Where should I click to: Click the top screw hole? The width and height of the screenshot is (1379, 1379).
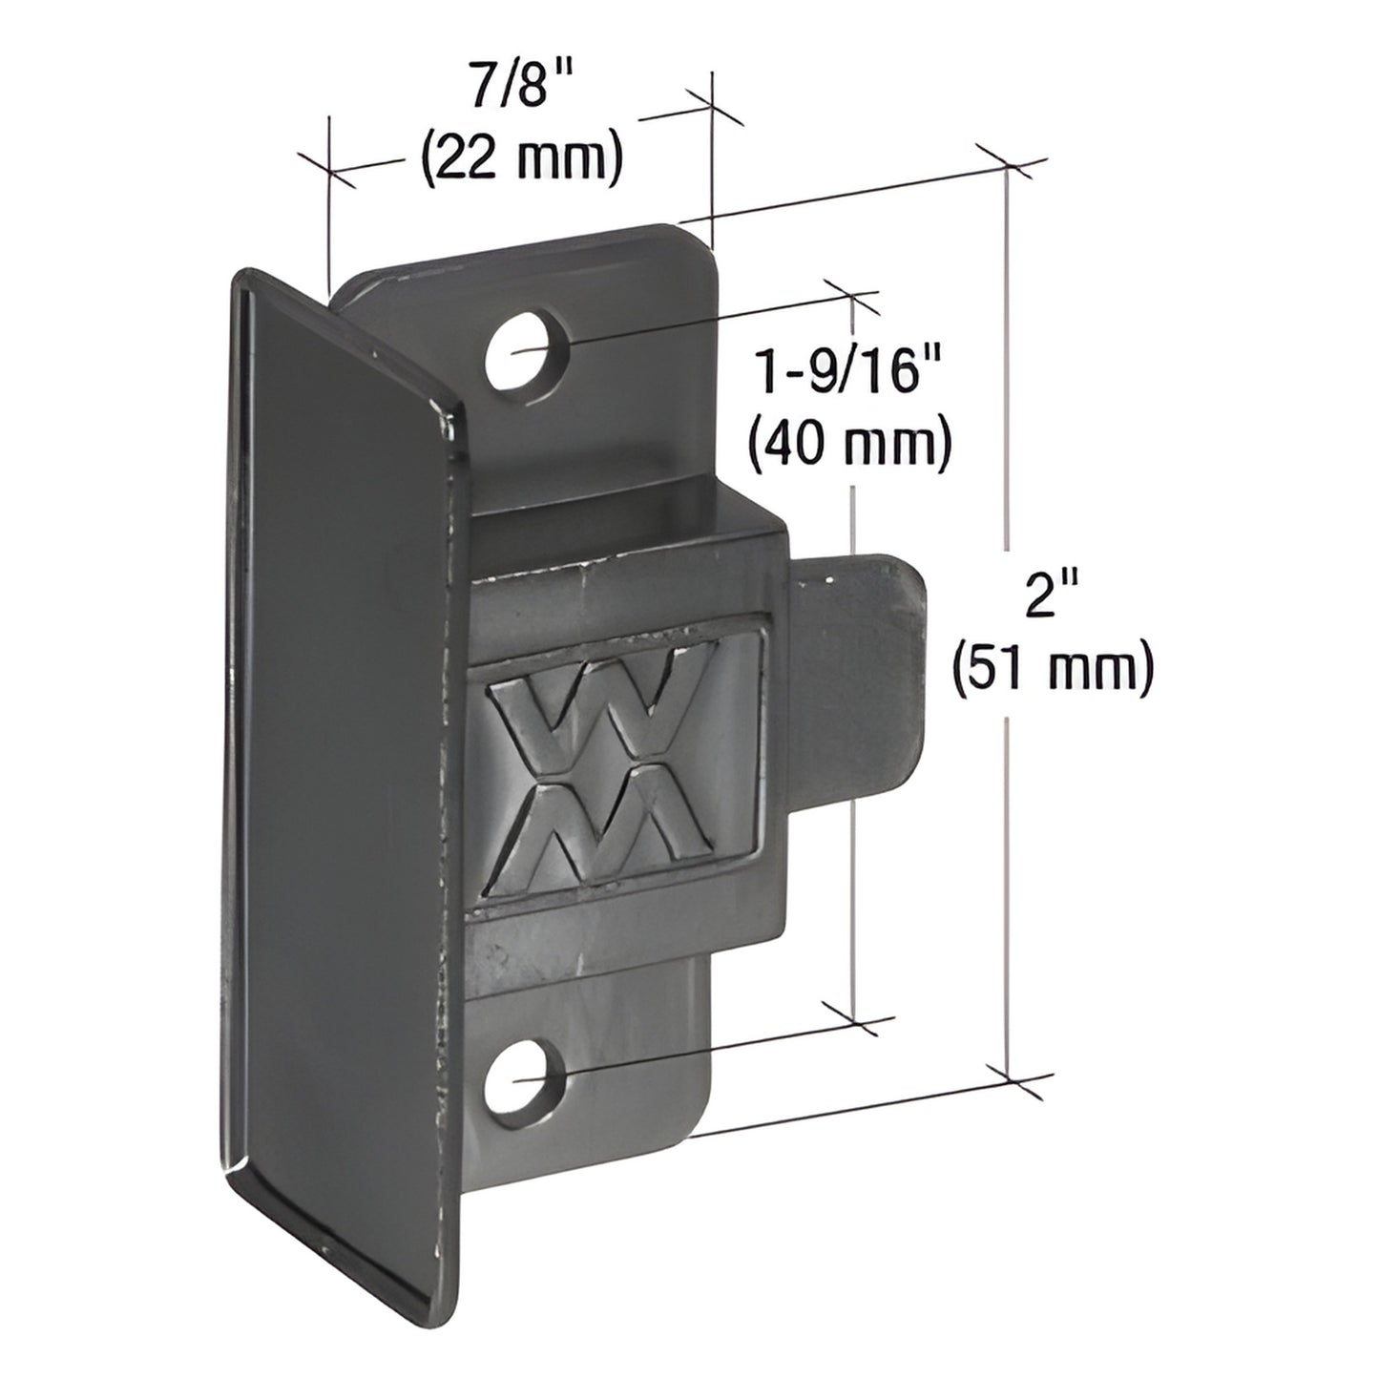point(519,350)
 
